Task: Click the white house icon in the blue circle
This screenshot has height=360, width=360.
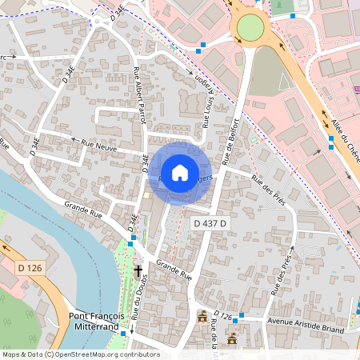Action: click(180, 172)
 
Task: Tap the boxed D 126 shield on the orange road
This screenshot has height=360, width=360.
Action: click(29, 267)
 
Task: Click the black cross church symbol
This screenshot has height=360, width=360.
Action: click(138, 271)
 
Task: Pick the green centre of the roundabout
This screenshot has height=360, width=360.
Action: click(250, 29)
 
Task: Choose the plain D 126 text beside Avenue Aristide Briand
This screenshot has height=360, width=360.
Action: click(224, 318)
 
